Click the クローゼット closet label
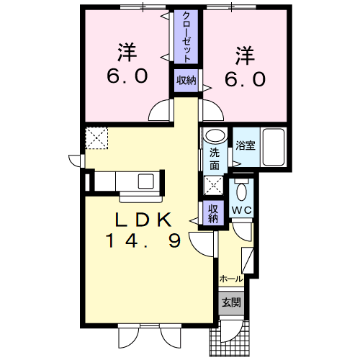tap(186, 36)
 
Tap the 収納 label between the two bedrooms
tap(186, 81)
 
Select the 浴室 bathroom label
tap(245, 145)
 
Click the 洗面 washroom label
tap(215, 158)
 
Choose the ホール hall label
tap(230, 277)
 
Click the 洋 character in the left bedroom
tap(128, 53)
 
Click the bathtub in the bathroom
tap(273, 145)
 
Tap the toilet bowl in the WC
tap(242, 193)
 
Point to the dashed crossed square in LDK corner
tap(96, 138)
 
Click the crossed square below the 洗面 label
tap(214, 185)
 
